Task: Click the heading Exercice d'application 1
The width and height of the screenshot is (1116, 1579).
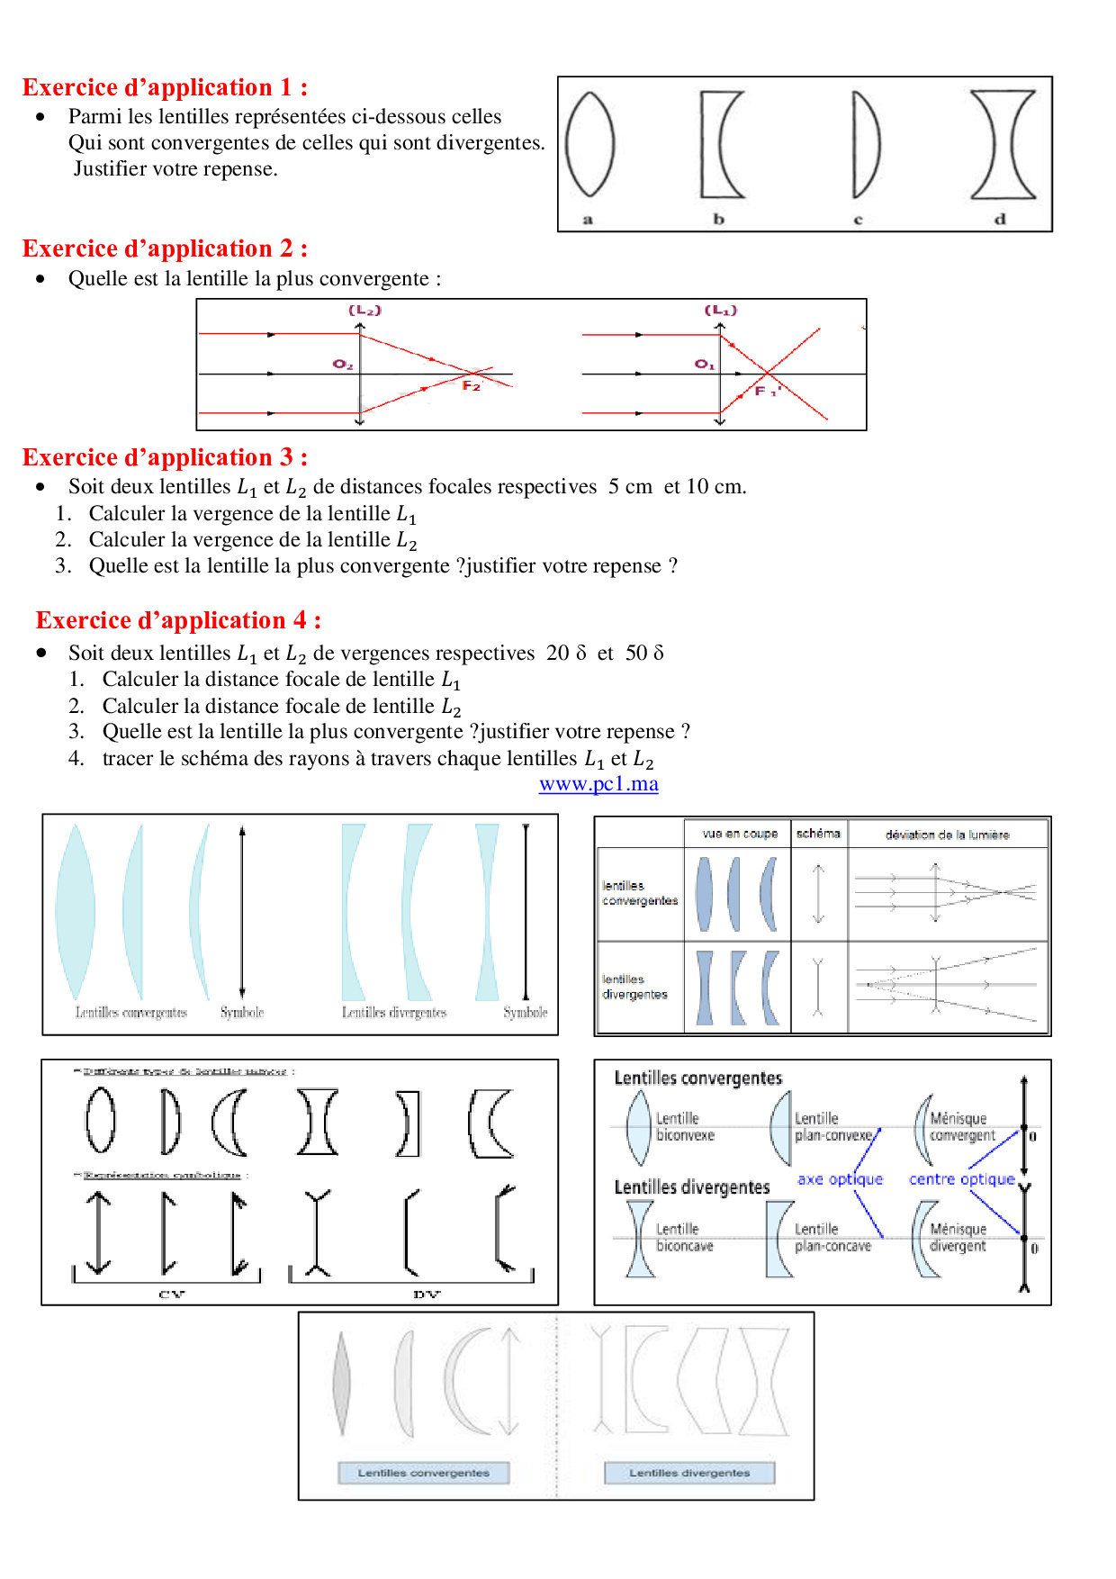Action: pos(165,87)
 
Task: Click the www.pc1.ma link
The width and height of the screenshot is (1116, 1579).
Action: pos(598,784)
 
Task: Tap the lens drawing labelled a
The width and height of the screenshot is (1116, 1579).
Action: pos(590,144)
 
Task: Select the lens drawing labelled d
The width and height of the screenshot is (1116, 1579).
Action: pos(1003,144)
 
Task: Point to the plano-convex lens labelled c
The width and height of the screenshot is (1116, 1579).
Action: pos(865,144)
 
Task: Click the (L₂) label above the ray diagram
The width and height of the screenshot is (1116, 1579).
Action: pos(365,311)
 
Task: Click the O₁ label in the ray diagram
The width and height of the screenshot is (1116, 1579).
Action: pos(704,365)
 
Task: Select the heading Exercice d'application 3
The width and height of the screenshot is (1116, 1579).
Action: pos(165,457)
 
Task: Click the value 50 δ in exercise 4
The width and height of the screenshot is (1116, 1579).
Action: pos(644,653)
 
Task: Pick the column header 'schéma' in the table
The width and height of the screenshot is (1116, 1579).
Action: pos(818,834)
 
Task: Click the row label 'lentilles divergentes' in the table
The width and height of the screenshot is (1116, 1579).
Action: pos(635,987)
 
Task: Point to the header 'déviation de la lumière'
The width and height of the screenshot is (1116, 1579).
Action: pos(947,835)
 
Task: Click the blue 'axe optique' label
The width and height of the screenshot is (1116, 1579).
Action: pos(840,1179)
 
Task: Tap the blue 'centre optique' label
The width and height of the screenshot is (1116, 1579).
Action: pos(961,1179)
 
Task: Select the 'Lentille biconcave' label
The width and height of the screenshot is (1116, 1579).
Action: pos(684,1238)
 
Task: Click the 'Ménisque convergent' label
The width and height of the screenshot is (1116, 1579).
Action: pos(961,1127)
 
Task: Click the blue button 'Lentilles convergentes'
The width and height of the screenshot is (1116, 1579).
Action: pos(424,1473)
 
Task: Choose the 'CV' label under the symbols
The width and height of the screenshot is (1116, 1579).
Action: pos(171,1295)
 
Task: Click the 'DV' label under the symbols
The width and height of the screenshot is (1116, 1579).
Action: pos(427,1295)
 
